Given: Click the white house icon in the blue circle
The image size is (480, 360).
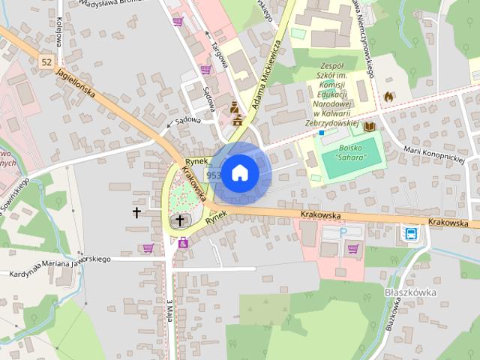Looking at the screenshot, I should coord(239,172).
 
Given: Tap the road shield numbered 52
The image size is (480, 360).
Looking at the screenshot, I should coord(47,61).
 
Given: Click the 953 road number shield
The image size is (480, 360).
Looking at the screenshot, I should coord(213,175).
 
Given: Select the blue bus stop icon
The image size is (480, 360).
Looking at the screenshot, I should coord(412,232).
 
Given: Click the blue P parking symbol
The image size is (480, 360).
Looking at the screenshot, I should coord(343,232).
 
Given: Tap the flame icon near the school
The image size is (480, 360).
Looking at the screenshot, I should coord(388,97).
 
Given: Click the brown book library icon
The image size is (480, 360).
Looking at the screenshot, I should coord(369,127).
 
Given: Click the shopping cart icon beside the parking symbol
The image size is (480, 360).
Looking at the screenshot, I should coord(353,248).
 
